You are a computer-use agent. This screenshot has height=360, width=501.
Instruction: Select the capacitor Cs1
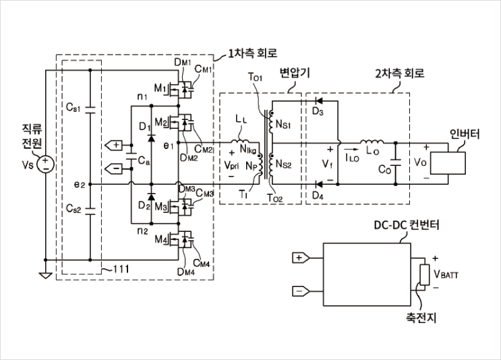90,108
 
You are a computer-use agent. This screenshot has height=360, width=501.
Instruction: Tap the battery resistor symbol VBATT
424,275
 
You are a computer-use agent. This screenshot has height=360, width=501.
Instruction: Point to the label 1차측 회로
253,53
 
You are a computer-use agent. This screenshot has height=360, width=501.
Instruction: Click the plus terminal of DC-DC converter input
299,257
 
